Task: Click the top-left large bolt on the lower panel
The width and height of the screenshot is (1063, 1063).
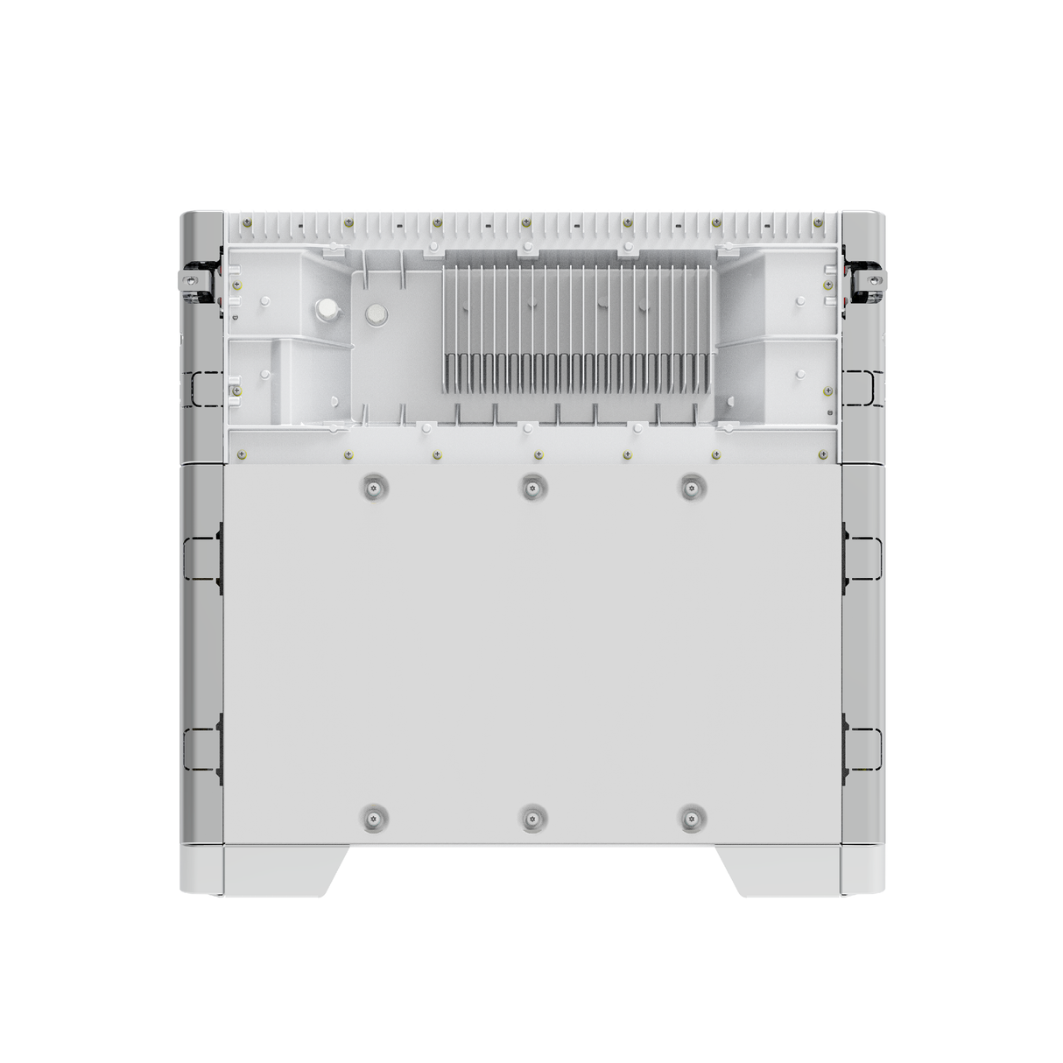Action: [x=375, y=488]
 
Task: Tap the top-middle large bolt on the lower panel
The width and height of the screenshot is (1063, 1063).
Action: [x=531, y=488]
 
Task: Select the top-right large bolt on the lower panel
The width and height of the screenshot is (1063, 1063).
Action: [x=693, y=488]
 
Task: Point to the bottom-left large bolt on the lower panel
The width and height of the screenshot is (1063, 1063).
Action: [x=375, y=819]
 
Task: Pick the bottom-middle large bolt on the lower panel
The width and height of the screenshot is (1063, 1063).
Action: [x=531, y=819]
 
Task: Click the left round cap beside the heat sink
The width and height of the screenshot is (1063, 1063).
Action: [x=327, y=308]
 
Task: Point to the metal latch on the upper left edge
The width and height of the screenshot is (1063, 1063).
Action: [x=195, y=280]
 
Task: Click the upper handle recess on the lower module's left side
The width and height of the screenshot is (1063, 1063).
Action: [x=201, y=558]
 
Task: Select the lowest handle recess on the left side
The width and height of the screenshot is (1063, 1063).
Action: [x=201, y=749]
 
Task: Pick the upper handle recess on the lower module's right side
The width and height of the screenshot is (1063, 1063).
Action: [x=862, y=558]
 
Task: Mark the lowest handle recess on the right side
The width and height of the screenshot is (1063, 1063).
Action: [x=862, y=749]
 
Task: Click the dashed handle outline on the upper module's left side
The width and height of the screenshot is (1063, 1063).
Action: [x=203, y=388]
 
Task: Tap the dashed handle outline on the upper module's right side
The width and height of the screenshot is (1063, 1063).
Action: [x=859, y=388]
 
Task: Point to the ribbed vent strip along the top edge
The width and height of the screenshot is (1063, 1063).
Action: [x=531, y=229]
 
